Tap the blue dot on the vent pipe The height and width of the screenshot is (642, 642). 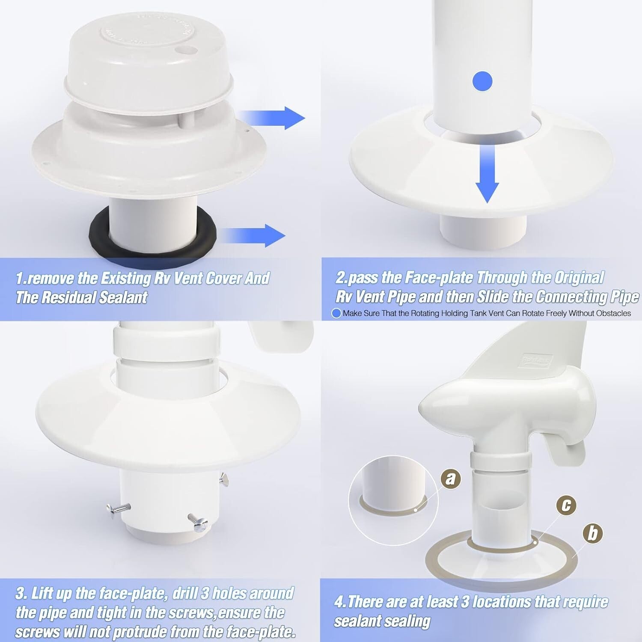pos(482,81)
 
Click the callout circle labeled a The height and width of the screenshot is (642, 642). pos(450,478)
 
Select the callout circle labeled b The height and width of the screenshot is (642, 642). pos(593,533)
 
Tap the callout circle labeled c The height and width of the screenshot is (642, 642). pos(566,505)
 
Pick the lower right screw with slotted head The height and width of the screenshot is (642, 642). pos(198,523)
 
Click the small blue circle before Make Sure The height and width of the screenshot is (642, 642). pos(336,313)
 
